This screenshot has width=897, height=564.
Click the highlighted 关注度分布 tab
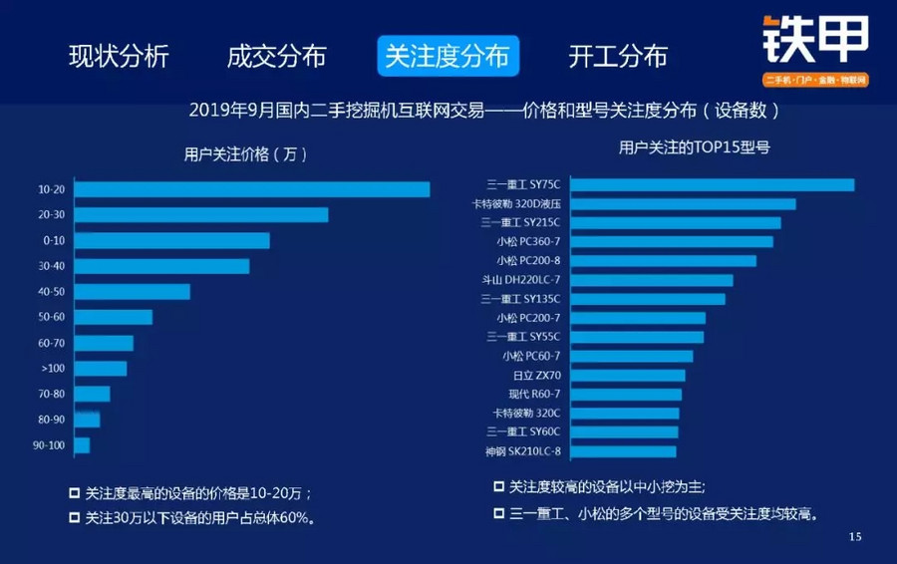click(448, 56)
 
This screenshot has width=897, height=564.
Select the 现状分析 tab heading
click(119, 56)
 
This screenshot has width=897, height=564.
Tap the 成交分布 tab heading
click(276, 56)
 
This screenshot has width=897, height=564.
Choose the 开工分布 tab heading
click(618, 56)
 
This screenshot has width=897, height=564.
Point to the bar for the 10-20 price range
click(252, 189)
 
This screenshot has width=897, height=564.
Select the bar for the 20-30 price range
click(201, 214)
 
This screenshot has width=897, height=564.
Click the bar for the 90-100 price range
click(82, 445)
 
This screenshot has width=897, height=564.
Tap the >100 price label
click(52, 369)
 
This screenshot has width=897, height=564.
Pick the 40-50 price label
click(52, 292)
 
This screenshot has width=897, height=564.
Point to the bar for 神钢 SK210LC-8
click(625, 451)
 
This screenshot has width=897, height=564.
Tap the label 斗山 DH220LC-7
click(520, 280)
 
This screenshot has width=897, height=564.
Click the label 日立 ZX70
click(537, 376)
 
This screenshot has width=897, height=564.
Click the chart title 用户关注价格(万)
click(245, 154)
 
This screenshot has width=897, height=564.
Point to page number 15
click(854, 537)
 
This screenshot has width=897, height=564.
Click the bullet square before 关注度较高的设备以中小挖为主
click(498, 487)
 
